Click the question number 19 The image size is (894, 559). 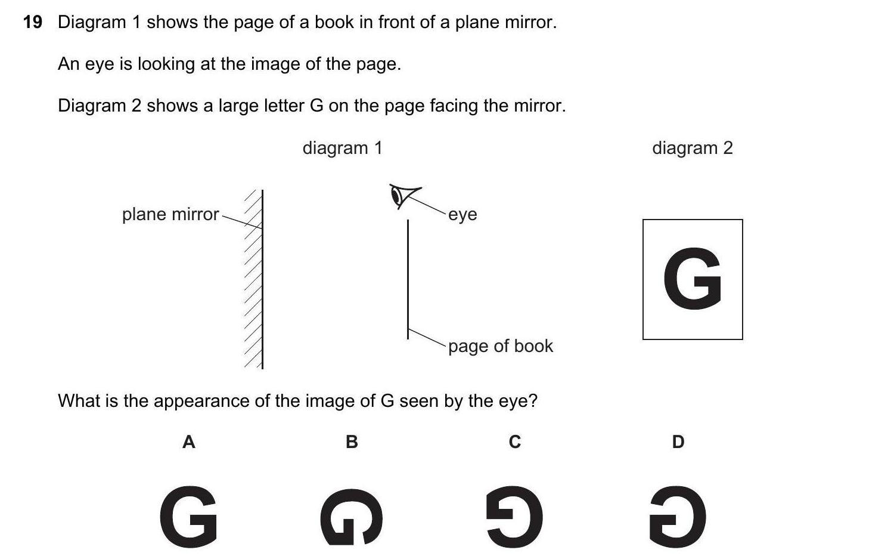(x=33, y=23)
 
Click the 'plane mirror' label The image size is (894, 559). (x=170, y=214)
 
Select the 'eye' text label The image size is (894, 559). (x=462, y=214)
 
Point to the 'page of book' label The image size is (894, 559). (x=501, y=346)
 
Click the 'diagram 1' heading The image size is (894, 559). (x=342, y=148)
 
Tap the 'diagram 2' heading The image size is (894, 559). (x=692, y=148)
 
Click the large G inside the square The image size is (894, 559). (x=693, y=279)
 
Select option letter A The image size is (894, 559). (x=188, y=442)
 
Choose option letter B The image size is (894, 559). (x=352, y=442)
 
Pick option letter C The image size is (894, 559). (x=515, y=442)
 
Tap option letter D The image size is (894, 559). (x=678, y=442)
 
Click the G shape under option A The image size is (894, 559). (x=188, y=517)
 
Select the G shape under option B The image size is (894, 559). (x=351, y=517)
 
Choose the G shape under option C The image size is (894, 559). (x=514, y=517)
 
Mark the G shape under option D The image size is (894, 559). (x=678, y=517)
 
